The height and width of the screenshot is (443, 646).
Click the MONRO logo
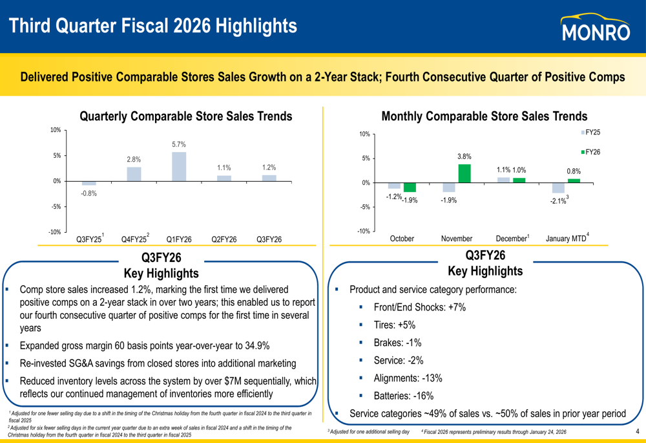595,28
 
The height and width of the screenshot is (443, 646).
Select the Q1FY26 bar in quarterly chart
179,166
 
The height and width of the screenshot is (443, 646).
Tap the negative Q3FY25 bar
89,183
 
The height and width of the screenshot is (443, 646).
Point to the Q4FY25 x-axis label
135,239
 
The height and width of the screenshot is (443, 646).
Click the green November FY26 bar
464,173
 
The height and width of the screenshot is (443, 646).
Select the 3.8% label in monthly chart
464,157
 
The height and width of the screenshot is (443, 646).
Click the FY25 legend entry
590,133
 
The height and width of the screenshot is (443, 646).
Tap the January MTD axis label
567,239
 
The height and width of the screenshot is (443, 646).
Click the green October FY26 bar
410,188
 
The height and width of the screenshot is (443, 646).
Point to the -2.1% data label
558,201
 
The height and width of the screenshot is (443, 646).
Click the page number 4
637,432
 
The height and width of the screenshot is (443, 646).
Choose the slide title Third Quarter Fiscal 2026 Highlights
153,26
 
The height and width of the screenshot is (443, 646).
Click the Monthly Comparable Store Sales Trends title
484,116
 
